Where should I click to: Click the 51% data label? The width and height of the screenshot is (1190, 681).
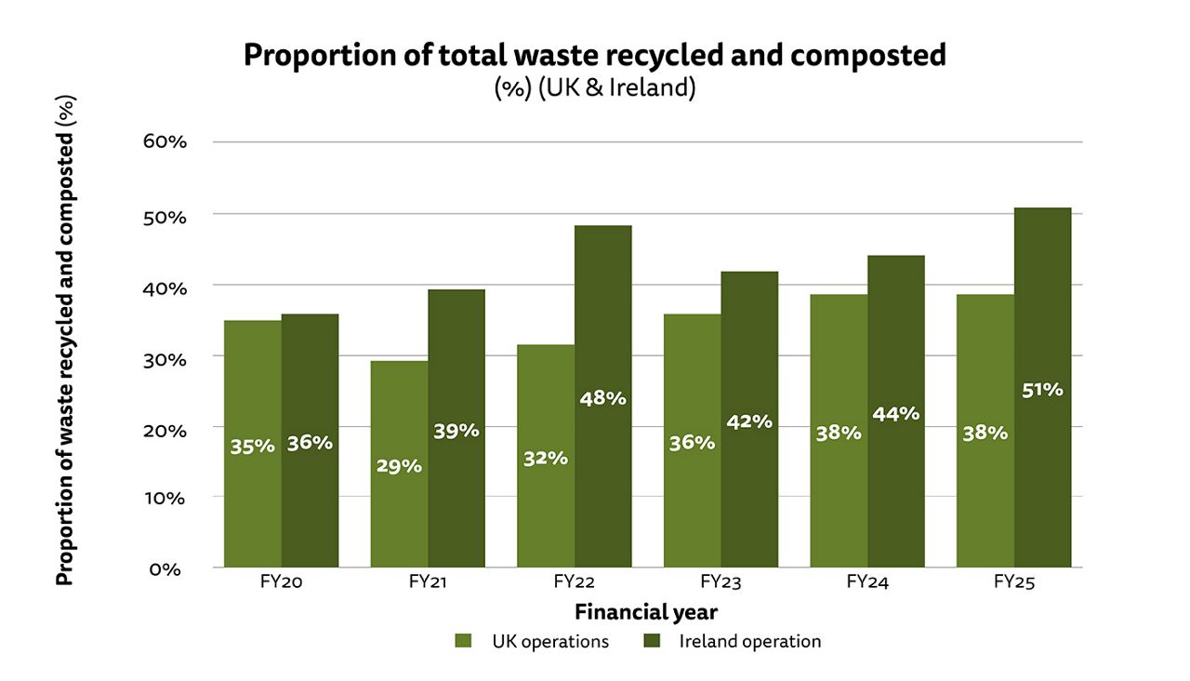pyautogui.click(x=1042, y=390)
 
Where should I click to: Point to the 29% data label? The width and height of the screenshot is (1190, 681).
pyautogui.click(x=399, y=466)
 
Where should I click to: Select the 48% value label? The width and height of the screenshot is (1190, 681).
pyautogui.click(x=603, y=398)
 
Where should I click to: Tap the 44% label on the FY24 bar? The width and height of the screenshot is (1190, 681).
pyautogui.click(x=896, y=414)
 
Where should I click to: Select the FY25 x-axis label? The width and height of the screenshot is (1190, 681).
pyautogui.click(x=1013, y=583)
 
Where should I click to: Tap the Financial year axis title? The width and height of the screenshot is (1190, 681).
pyautogui.click(x=645, y=612)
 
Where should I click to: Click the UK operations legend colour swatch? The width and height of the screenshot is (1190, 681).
pyautogui.click(x=464, y=641)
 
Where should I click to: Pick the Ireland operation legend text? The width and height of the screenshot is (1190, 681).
pyautogui.click(x=749, y=641)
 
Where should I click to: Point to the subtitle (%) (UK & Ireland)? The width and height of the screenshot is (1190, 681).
pyautogui.click(x=595, y=90)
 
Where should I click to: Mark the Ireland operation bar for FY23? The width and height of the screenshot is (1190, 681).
pyautogui.click(x=749, y=419)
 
